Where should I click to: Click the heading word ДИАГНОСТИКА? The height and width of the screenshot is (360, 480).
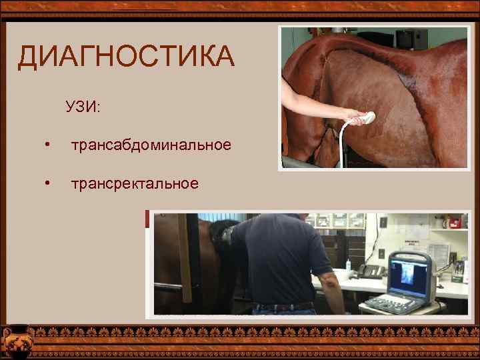click(x=126, y=57)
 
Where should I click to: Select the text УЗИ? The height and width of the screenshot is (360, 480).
click(x=83, y=107)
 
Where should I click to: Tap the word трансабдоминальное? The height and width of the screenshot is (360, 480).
click(x=151, y=144)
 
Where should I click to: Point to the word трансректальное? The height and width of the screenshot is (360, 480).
click(x=135, y=183)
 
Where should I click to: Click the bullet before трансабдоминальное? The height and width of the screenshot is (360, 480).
click(x=46, y=145)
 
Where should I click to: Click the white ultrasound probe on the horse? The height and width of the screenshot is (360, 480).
click(x=363, y=119)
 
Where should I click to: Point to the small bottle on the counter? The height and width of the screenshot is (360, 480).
click(x=348, y=265)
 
